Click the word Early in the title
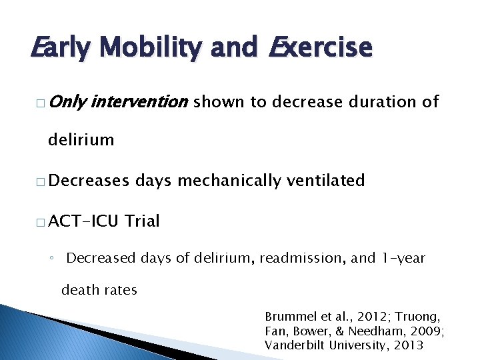point(59,48)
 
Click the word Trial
point(141,221)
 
